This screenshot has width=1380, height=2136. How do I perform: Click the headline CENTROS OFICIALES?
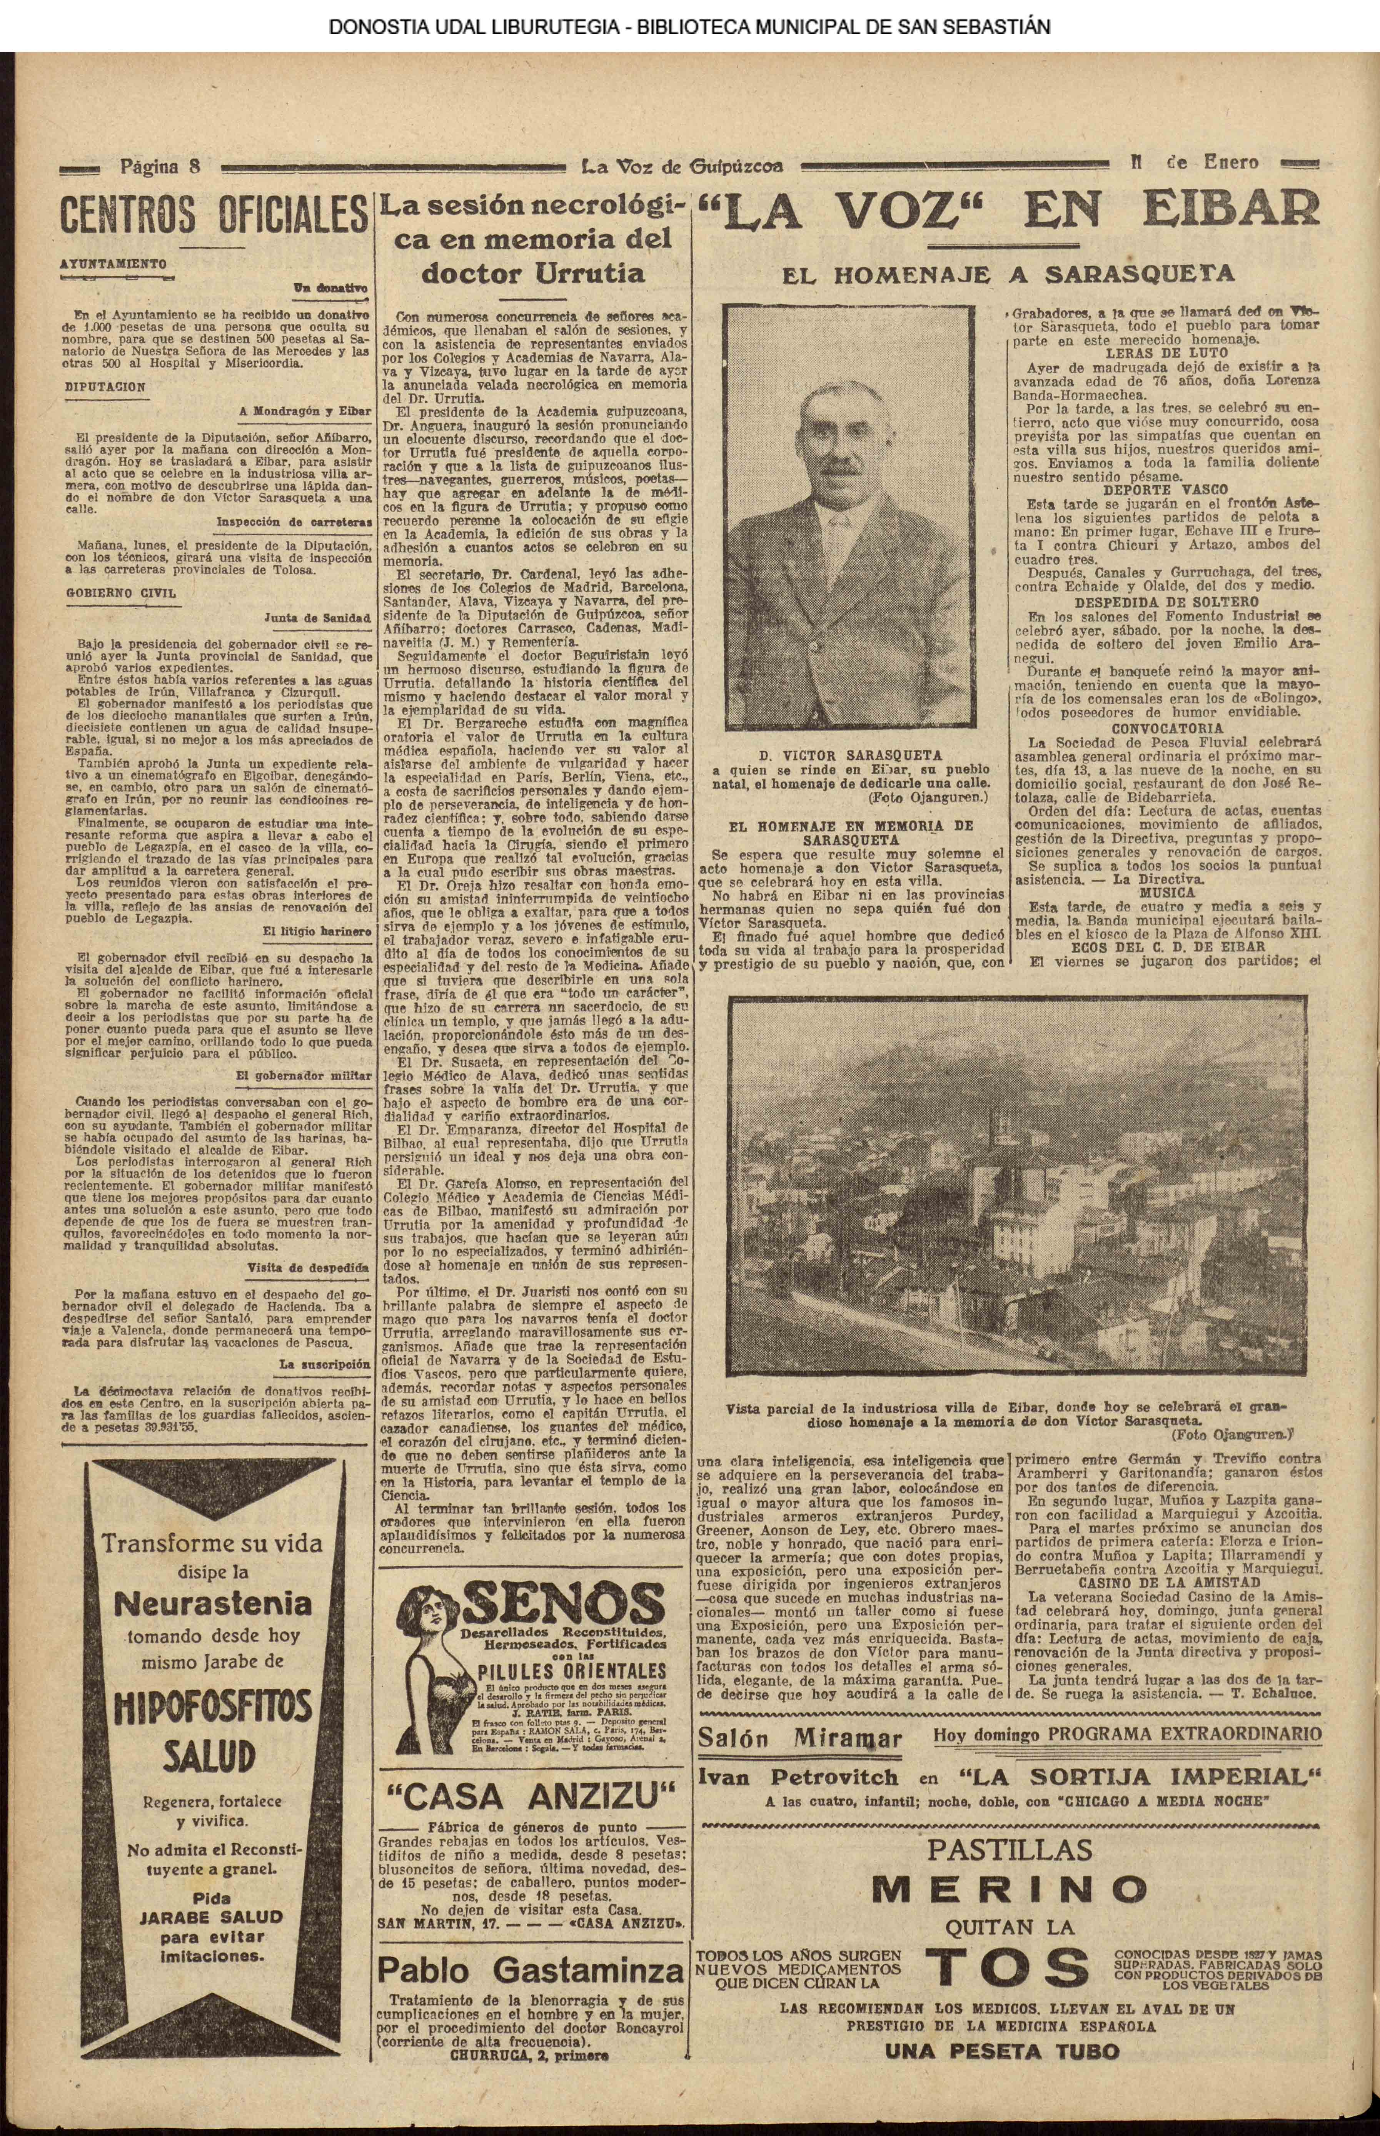(x=213, y=216)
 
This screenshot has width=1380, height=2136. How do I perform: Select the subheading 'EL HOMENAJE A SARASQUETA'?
(x=1008, y=274)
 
